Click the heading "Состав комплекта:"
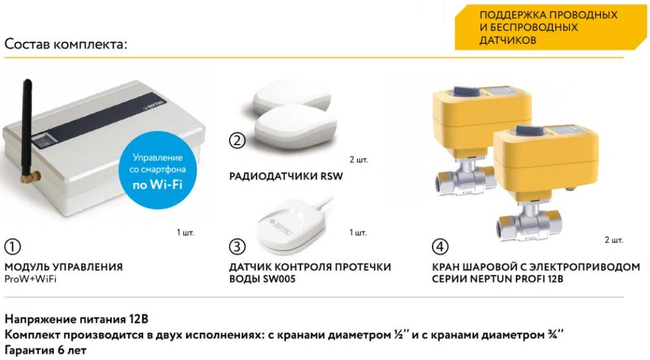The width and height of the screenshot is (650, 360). (66, 44)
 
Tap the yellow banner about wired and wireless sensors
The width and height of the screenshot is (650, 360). (550, 27)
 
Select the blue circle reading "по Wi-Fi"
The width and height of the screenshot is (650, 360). (157, 170)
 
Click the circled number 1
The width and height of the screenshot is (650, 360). (12, 246)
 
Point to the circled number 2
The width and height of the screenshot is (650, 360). (237, 141)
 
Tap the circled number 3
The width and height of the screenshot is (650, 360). (237, 246)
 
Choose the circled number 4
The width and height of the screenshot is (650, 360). (440, 246)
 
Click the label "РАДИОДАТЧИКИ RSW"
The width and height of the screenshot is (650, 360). (286, 176)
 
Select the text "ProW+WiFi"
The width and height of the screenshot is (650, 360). (30, 279)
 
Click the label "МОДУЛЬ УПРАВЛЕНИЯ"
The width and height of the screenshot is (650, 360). (63, 266)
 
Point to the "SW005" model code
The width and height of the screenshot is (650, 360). (279, 279)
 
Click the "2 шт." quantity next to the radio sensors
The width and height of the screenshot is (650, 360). (359, 160)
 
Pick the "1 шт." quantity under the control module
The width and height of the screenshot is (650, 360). (185, 233)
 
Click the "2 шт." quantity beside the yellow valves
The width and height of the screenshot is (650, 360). (613, 240)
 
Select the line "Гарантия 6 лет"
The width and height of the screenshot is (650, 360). (45, 350)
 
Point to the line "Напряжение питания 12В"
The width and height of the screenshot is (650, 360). (76, 319)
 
